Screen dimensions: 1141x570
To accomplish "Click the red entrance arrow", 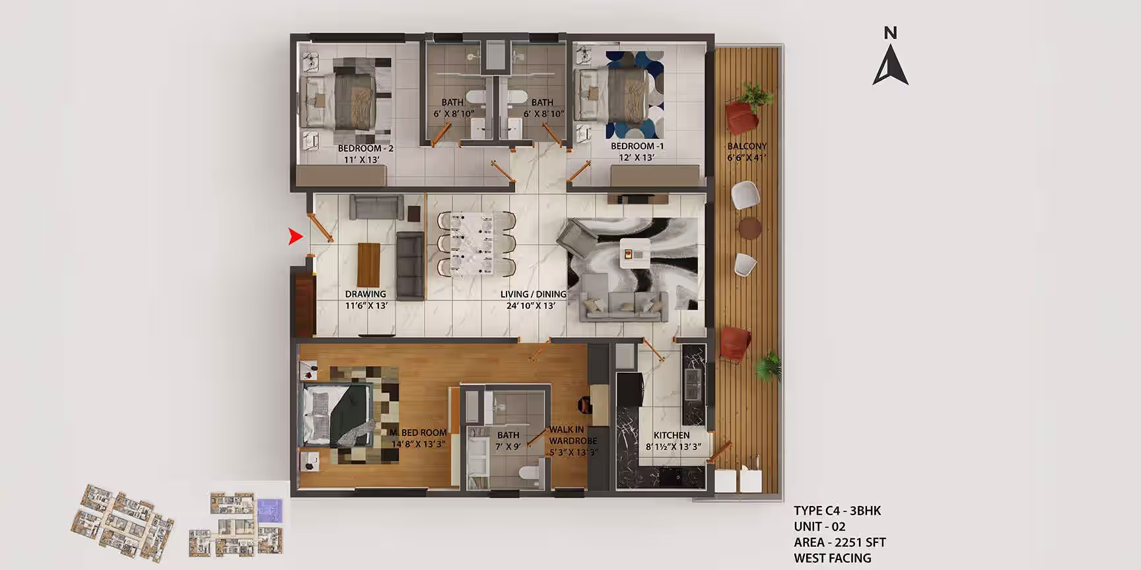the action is pyautogui.click(x=294, y=236).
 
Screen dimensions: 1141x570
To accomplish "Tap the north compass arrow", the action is pyautogui.click(x=890, y=65).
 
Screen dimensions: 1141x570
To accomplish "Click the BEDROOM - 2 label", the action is pyautogui.click(x=365, y=148).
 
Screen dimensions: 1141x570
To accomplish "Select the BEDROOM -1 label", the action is pyautogui.click(x=637, y=146).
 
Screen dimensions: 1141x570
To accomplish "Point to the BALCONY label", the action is pyautogui.click(x=747, y=146).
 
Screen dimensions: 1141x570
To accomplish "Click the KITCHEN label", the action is pyautogui.click(x=672, y=435).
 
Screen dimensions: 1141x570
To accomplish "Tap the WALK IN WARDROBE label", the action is pyautogui.click(x=572, y=435).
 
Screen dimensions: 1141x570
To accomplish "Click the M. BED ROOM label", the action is pyautogui.click(x=418, y=433).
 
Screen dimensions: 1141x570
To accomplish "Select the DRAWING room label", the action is pyautogui.click(x=365, y=294).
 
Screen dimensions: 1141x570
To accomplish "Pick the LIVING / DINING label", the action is pyautogui.click(x=533, y=294).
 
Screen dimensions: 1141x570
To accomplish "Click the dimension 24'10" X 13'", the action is pyautogui.click(x=531, y=305).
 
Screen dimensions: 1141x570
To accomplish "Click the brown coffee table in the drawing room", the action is pyautogui.click(x=369, y=264).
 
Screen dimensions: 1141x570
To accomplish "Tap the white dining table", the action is pyautogui.click(x=471, y=243).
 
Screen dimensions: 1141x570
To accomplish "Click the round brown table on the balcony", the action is pyautogui.click(x=750, y=228).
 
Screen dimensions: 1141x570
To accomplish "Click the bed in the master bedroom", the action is pyautogui.click(x=337, y=416).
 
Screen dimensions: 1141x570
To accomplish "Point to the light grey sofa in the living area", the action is pyautogui.click(x=623, y=306).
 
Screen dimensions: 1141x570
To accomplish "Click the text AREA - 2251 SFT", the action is pyautogui.click(x=840, y=542).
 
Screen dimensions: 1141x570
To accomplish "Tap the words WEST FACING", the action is pyautogui.click(x=832, y=558).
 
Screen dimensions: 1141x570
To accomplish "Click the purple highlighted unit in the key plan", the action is pyautogui.click(x=269, y=511).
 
